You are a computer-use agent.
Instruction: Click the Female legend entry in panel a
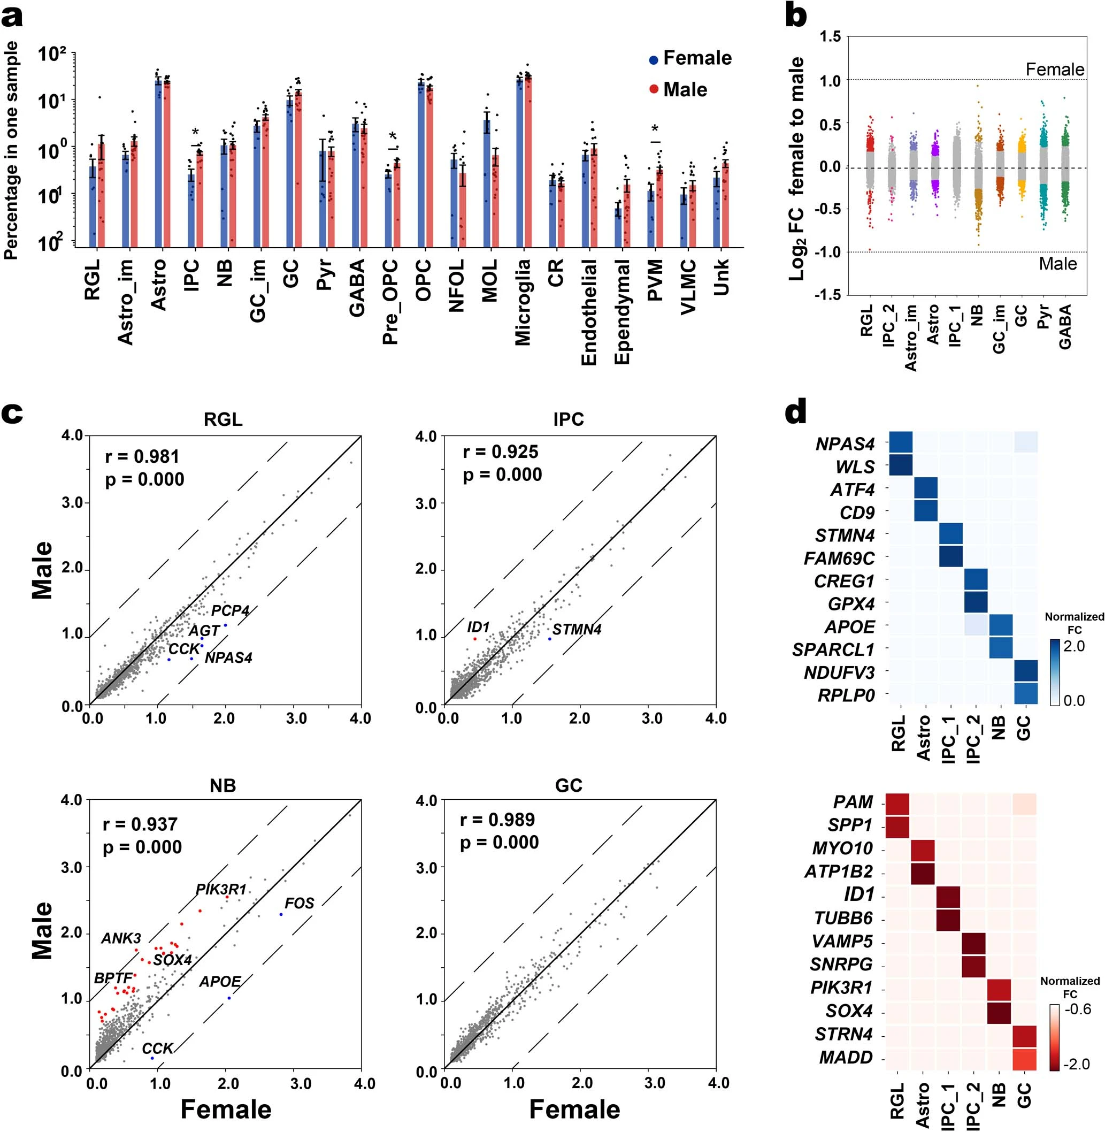click(690, 58)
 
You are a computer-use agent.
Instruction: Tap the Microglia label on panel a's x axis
click(523, 302)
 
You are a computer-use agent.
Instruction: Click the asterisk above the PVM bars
click(655, 129)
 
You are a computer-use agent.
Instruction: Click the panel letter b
click(796, 16)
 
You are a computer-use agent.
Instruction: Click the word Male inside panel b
click(1057, 264)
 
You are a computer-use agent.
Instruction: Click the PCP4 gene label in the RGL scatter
click(231, 611)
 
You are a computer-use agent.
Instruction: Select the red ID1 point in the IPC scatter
click(475, 639)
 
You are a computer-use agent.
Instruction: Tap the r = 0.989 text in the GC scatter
click(497, 819)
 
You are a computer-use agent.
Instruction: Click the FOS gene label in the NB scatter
click(300, 902)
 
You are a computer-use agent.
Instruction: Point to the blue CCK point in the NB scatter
click(152, 1058)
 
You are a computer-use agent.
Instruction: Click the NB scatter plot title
click(223, 785)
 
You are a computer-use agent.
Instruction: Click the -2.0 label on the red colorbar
click(1077, 1065)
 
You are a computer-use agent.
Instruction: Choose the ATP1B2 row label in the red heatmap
click(838, 872)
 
